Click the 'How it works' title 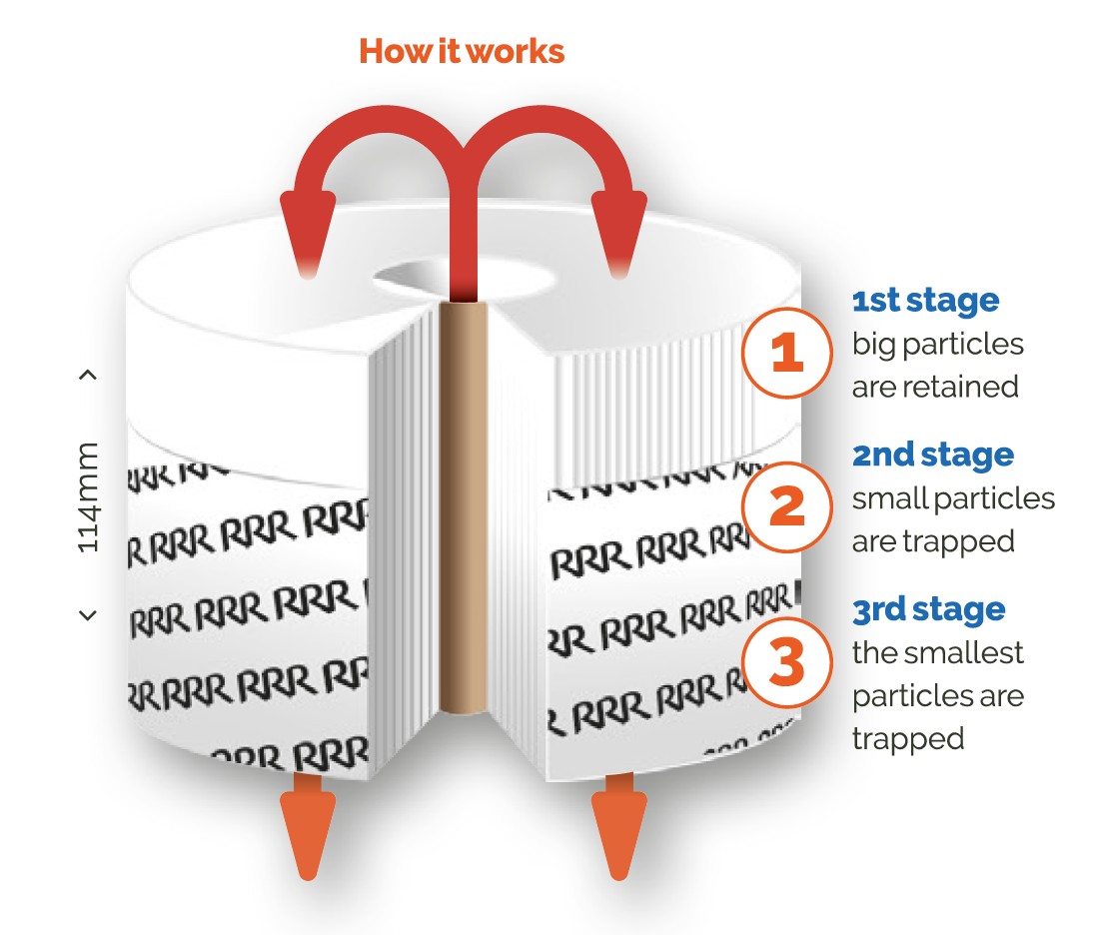462,51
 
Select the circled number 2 787,507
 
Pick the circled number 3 787,662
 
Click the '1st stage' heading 925,301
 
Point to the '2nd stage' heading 932,456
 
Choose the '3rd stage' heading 928,609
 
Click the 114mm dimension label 89,495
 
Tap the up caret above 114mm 88,376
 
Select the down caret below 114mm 88,615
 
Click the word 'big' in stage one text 876,345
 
